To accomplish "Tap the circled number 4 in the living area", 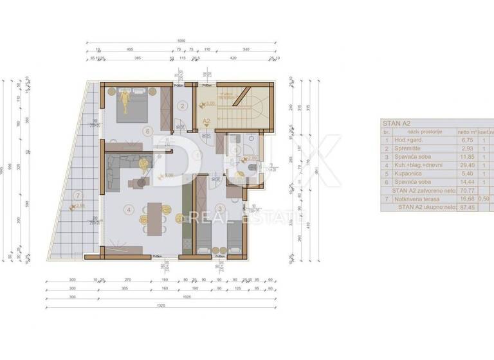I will tap(129, 209).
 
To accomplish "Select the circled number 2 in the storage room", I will tap(183, 107).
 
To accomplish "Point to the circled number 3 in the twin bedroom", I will tap(220, 208).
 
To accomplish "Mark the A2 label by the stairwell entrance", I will tap(206, 120).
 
